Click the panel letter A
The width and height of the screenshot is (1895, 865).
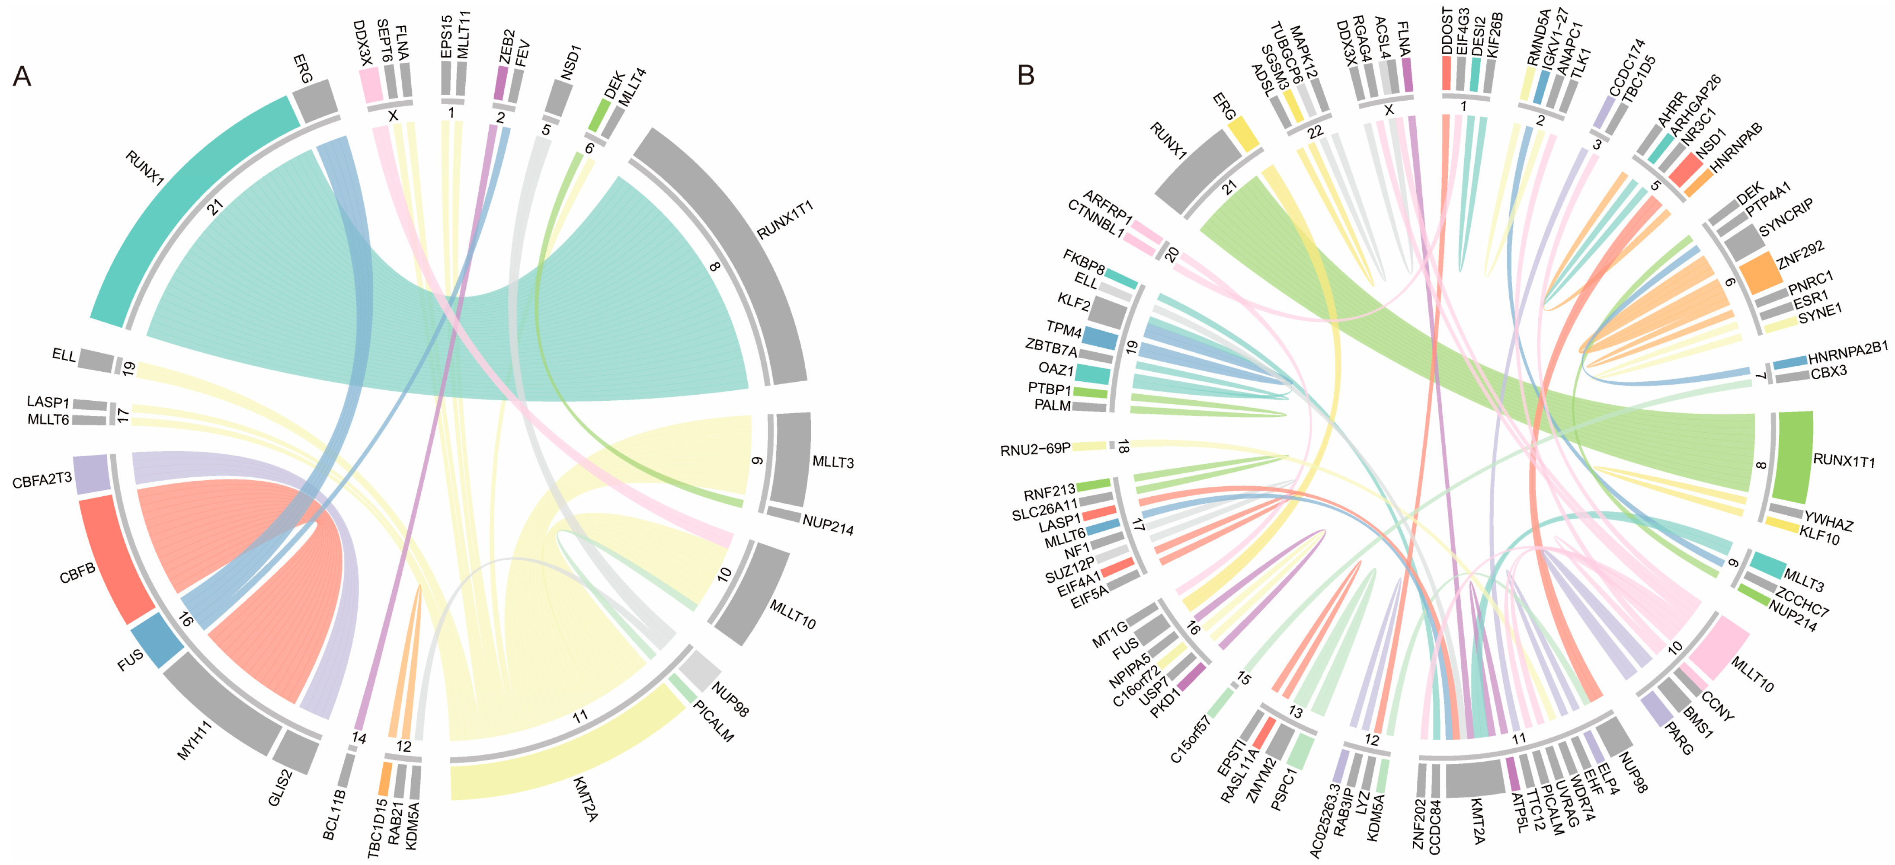point(22,77)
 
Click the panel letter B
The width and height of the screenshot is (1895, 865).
point(1025,75)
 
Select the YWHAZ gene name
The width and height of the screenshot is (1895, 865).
point(1828,521)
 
